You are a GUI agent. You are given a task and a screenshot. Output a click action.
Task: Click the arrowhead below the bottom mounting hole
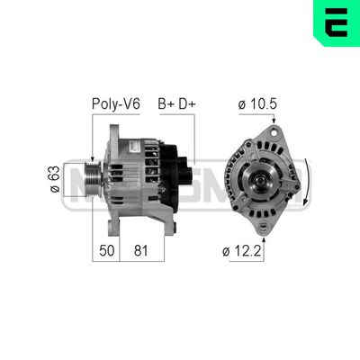[x=264, y=235]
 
